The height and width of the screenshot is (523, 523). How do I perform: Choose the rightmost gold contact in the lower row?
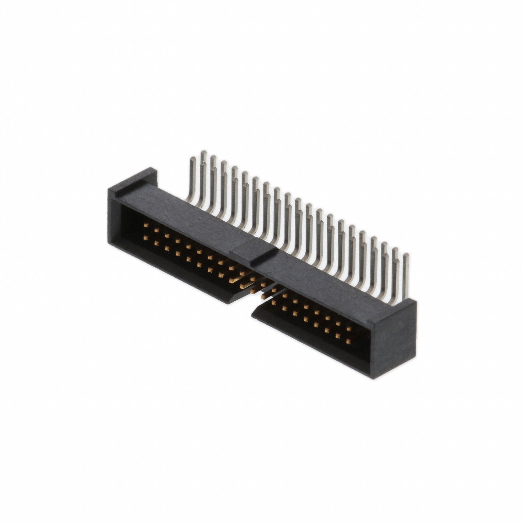pyautogui.click(x=348, y=341)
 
